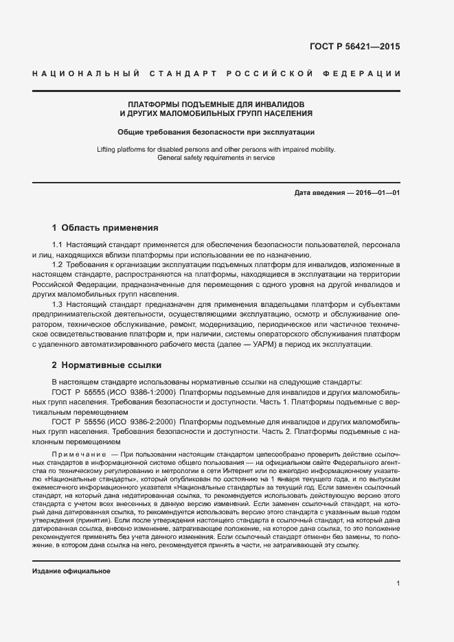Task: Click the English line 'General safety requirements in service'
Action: [x=216, y=158]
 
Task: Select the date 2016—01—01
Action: [x=377, y=193]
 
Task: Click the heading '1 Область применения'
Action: [x=105, y=228]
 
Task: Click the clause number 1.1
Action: [x=58, y=245]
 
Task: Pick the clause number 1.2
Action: [x=58, y=264]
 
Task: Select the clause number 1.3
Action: [x=58, y=303]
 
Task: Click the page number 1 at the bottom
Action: [x=398, y=583]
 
